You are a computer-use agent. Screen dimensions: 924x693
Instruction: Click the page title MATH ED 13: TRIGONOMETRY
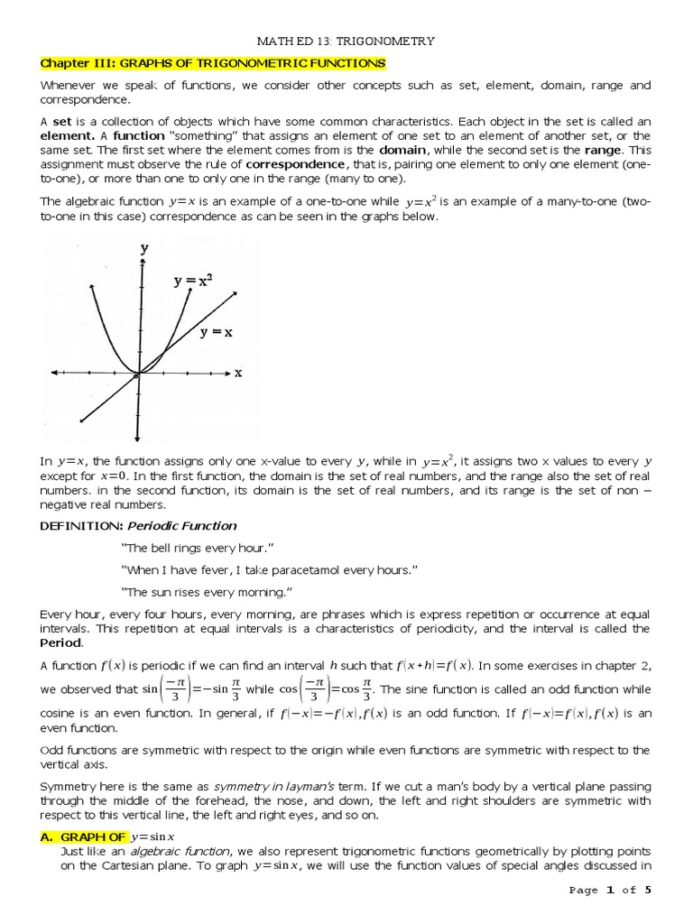coord(346,41)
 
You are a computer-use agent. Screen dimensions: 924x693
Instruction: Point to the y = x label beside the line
coord(217,332)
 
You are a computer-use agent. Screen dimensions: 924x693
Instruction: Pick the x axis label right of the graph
coord(238,372)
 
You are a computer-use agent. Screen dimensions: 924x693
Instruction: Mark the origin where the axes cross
coord(137,372)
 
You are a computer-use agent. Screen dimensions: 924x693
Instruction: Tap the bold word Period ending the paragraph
coord(60,642)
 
